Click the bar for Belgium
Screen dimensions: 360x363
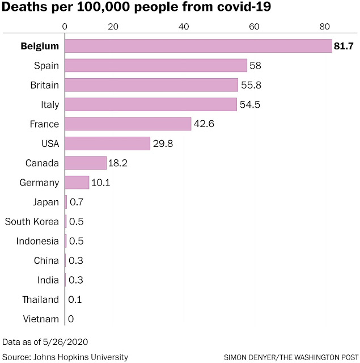pos(198,46)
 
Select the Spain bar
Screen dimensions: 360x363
pos(156,66)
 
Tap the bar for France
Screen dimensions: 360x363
pos(128,124)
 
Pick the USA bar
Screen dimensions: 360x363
pos(107,143)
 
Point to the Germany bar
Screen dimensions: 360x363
pos(77,183)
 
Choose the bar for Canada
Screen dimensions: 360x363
pos(86,163)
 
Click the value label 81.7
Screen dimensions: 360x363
pos(344,46)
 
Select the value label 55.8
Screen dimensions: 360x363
pos(251,85)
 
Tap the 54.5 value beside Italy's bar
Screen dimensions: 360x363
pos(250,104)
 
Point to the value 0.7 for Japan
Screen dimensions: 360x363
pos(77,202)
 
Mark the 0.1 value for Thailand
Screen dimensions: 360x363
pos(75,299)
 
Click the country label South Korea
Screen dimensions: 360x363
pos(32,222)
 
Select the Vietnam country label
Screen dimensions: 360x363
pos(41,319)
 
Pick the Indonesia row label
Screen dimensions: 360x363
pos(37,241)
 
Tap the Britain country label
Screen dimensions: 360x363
pos(45,85)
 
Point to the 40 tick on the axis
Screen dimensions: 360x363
pos(184,27)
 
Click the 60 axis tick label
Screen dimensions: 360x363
pos(254,27)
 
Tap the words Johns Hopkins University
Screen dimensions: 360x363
pos(81,357)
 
